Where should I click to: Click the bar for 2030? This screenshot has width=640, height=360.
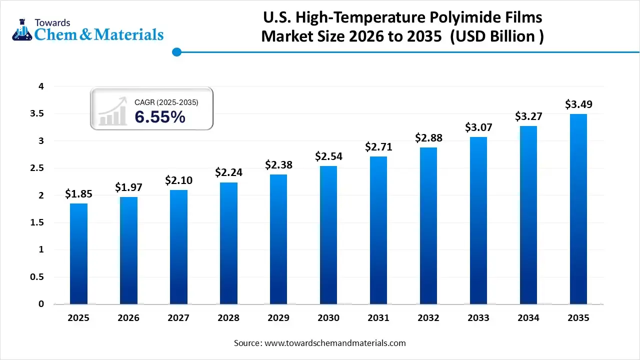pyautogui.click(x=328, y=235)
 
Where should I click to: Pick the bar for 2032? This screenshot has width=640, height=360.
pyautogui.click(x=428, y=225)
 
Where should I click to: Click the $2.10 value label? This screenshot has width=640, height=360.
pyautogui.click(x=178, y=180)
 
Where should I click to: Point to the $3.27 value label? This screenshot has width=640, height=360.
pyautogui.click(x=528, y=116)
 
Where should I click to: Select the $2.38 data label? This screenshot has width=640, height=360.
pyautogui.click(x=278, y=164)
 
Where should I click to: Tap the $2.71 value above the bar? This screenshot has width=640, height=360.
pyautogui.click(x=378, y=147)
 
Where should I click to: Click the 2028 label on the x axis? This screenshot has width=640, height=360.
pyautogui.click(x=228, y=318)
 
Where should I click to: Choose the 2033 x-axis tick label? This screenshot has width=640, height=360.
pyautogui.click(x=478, y=318)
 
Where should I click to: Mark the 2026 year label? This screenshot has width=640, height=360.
pyautogui.click(x=128, y=318)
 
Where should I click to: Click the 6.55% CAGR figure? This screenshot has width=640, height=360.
pyautogui.click(x=160, y=117)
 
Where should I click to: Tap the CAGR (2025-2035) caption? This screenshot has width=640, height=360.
pyautogui.click(x=166, y=102)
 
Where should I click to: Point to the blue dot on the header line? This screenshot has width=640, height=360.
pyautogui.click(x=176, y=52)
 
